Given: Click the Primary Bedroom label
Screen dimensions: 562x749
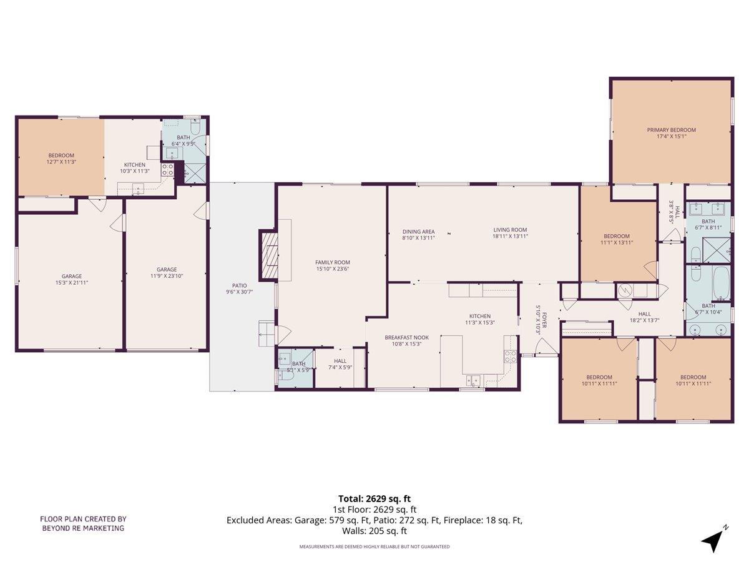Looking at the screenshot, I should [x=671, y=130].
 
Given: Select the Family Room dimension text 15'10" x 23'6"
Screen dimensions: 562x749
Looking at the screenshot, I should [x=332, y=270].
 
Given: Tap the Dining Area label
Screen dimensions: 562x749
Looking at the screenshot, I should [x=418, y=231].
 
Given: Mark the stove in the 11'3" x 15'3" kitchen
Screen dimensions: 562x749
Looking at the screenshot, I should [x=511, y=357].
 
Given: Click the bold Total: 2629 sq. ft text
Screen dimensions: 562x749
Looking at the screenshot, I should [x=374, y=498].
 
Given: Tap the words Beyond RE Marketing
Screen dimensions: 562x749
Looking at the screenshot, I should [x=83, y=528].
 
